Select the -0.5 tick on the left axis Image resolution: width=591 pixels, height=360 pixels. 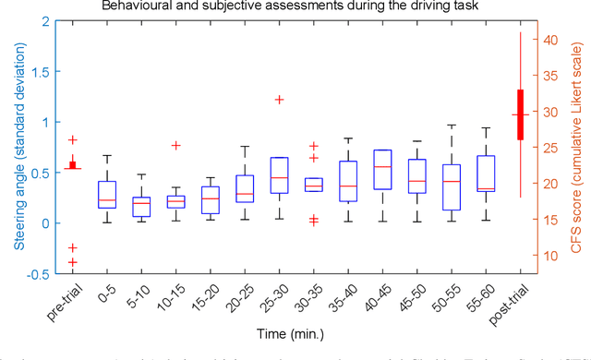pos(38,273)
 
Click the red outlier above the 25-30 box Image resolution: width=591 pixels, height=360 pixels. pos(279,100)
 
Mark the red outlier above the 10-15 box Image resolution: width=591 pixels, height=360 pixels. pos(175,145)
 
